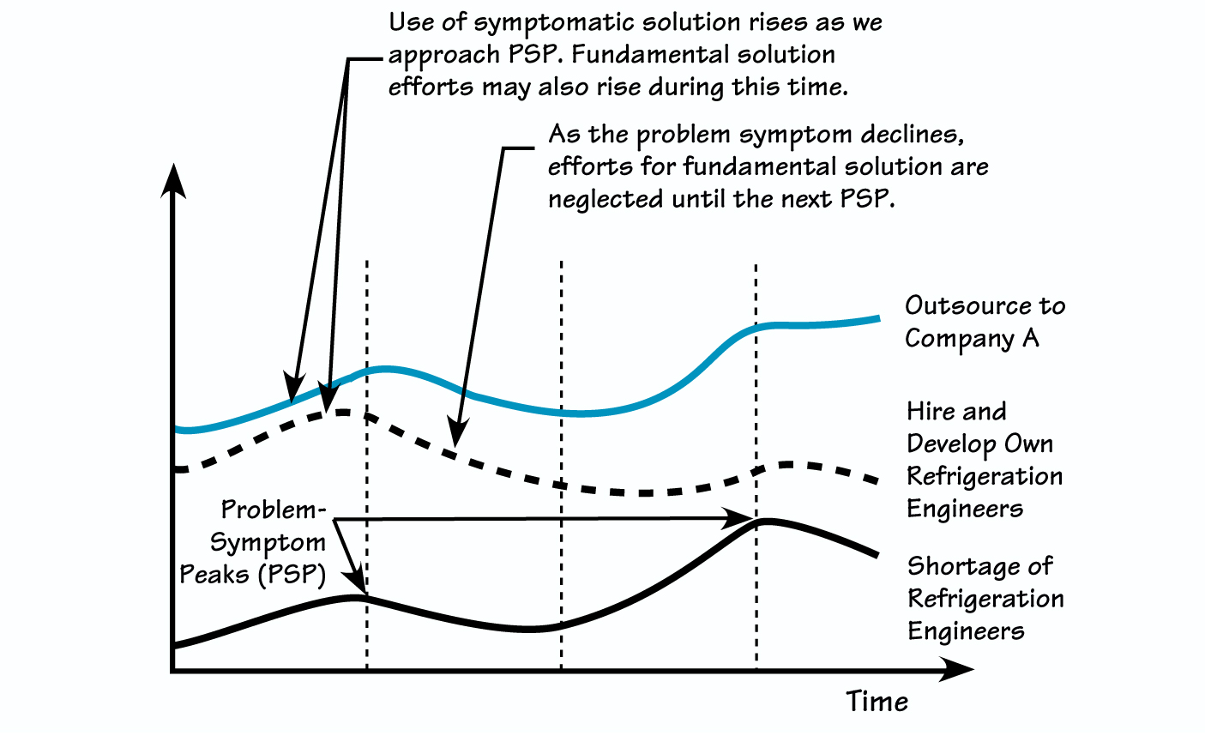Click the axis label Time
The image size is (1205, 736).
pos(877,702)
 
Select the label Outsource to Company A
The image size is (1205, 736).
pos(985,322)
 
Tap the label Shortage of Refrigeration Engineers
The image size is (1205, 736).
pos(985,599)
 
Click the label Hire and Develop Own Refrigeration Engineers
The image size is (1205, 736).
pos(984,460)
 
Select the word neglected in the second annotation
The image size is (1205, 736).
pos(606,199)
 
